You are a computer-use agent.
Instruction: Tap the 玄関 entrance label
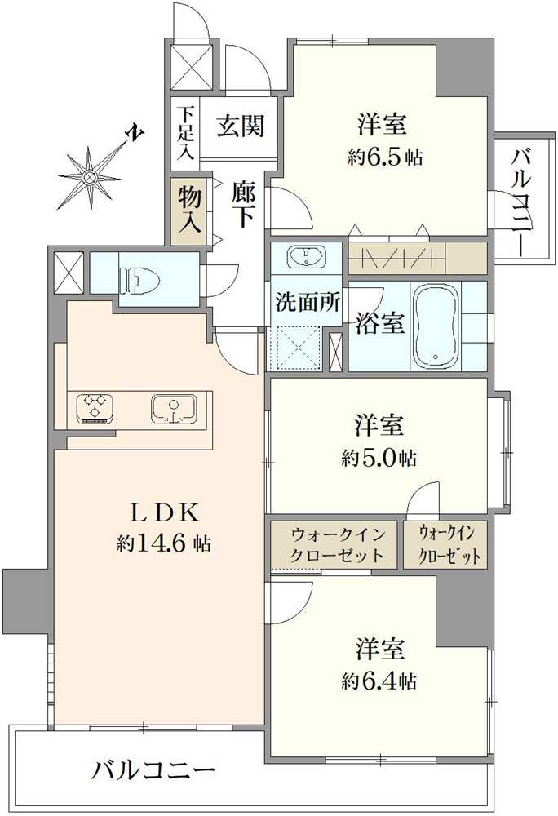pos(240,126)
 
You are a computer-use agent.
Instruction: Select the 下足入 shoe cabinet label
pos(184,131)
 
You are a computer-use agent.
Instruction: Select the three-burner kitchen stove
pos(96,406)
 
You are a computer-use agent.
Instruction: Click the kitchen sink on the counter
pos(173,409)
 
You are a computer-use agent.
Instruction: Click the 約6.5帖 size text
pos(385,157)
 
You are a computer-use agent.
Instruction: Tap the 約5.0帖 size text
pos(379,458)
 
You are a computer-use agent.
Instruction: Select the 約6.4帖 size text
pos(380,681)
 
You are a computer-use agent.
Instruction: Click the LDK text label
pos(166,513)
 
